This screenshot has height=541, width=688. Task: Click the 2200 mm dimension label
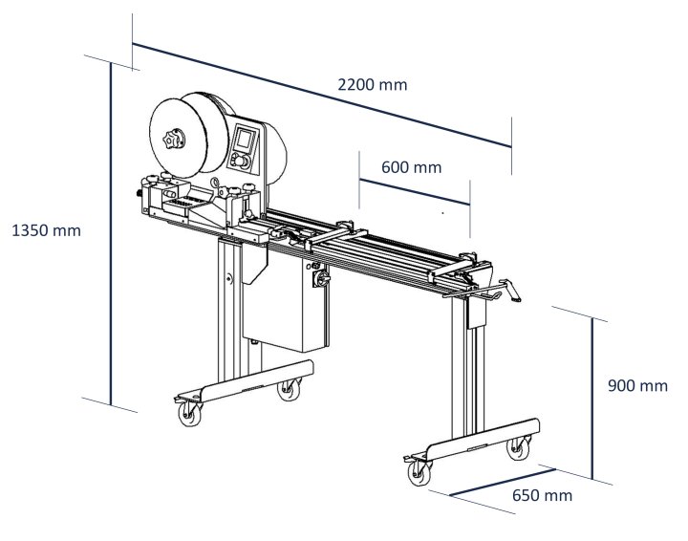coord(372,84)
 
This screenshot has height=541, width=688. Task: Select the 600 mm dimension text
coord(411,166)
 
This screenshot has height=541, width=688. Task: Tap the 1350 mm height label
coord(46,230)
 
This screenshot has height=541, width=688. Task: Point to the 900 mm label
coord(637,386)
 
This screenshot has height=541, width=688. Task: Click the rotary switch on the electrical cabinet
coord(320,278)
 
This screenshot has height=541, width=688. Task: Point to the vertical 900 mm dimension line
coord(592,397)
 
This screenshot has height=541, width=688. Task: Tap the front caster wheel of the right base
coord(419,472)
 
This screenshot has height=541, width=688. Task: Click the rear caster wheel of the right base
coord(519,446)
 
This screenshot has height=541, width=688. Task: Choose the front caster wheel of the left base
coord(187,414)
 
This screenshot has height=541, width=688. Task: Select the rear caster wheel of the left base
coord(286,387)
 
